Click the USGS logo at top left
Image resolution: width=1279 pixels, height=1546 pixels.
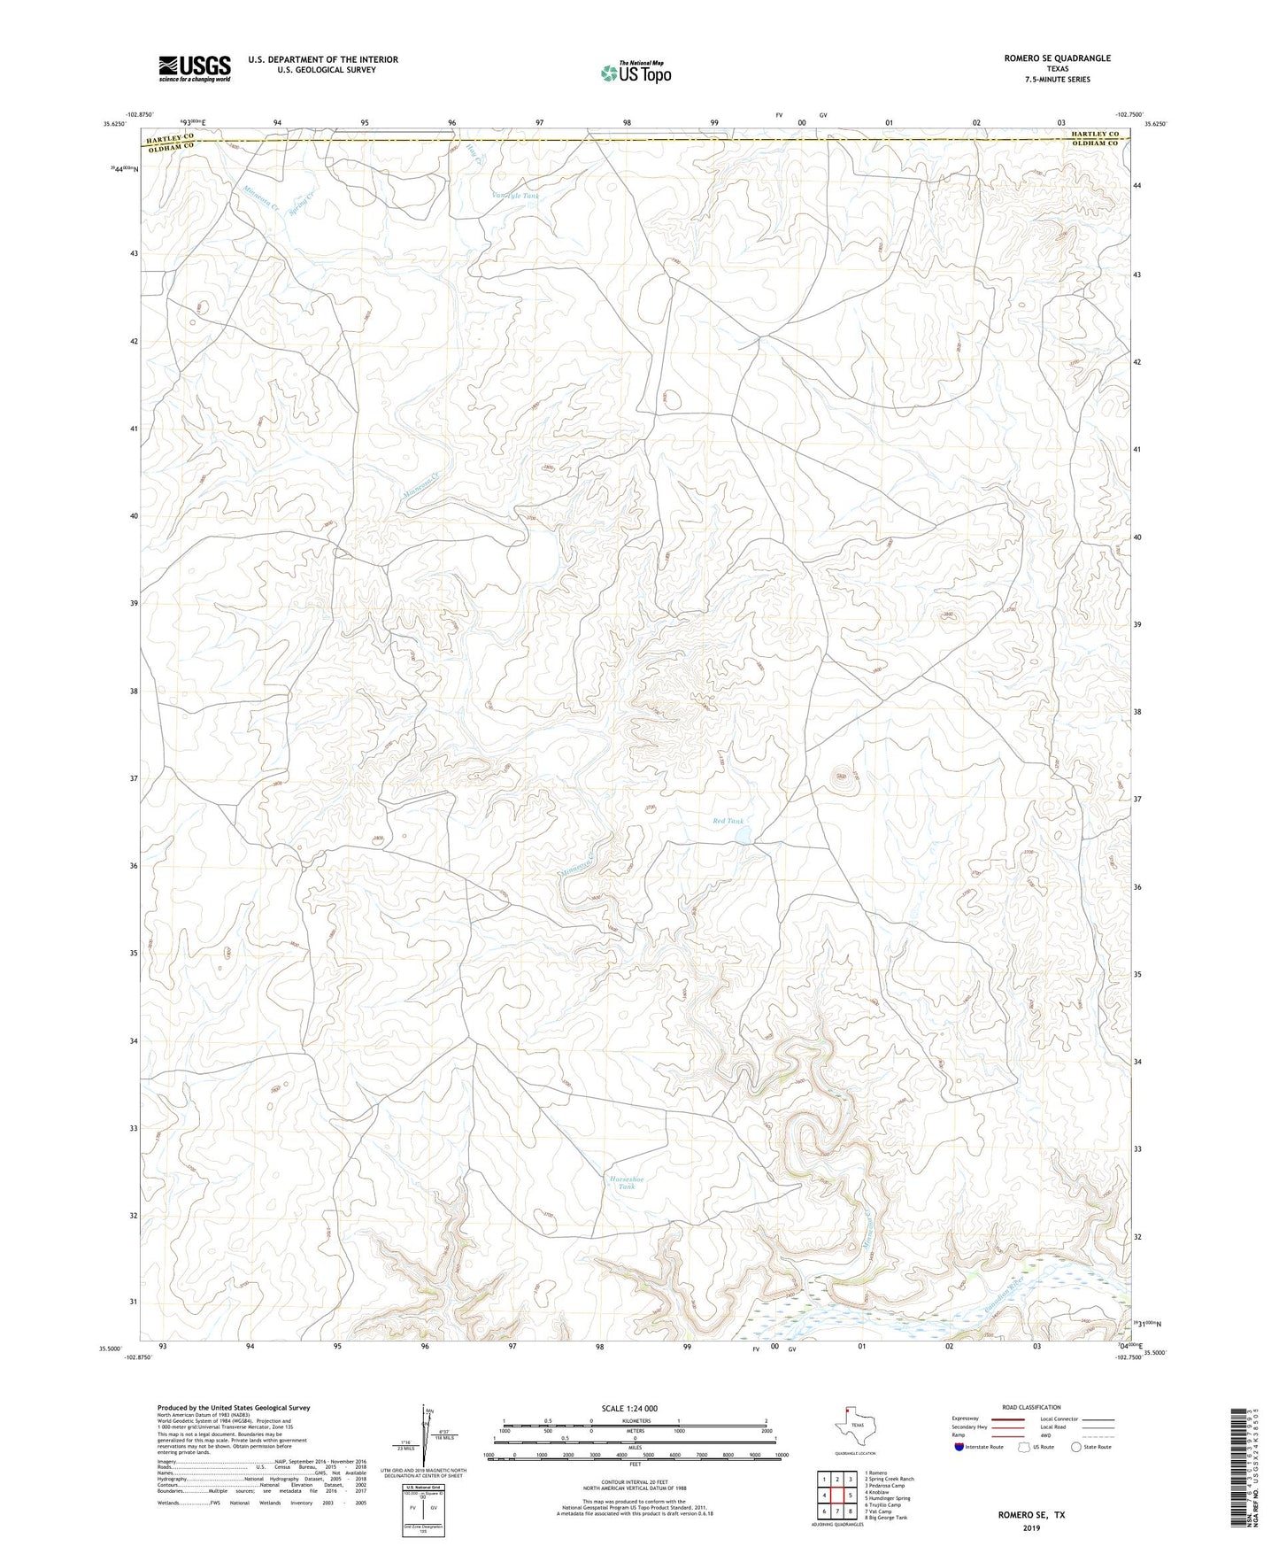pyautogui.click(x=194, y=68)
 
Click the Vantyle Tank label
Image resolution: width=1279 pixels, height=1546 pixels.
pyautogui.click(x=514, y=196)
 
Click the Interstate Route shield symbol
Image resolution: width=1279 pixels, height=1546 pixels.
pyautogui.click(x=961, y=1447)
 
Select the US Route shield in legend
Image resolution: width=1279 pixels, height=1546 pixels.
pyautogui.click(x=1026, y=1447)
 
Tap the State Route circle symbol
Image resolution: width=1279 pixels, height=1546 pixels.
pyautogui.click(x=1076, y=1447)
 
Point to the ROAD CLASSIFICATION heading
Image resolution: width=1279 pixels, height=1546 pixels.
pyautogui.click(x=1031, y=1407)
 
